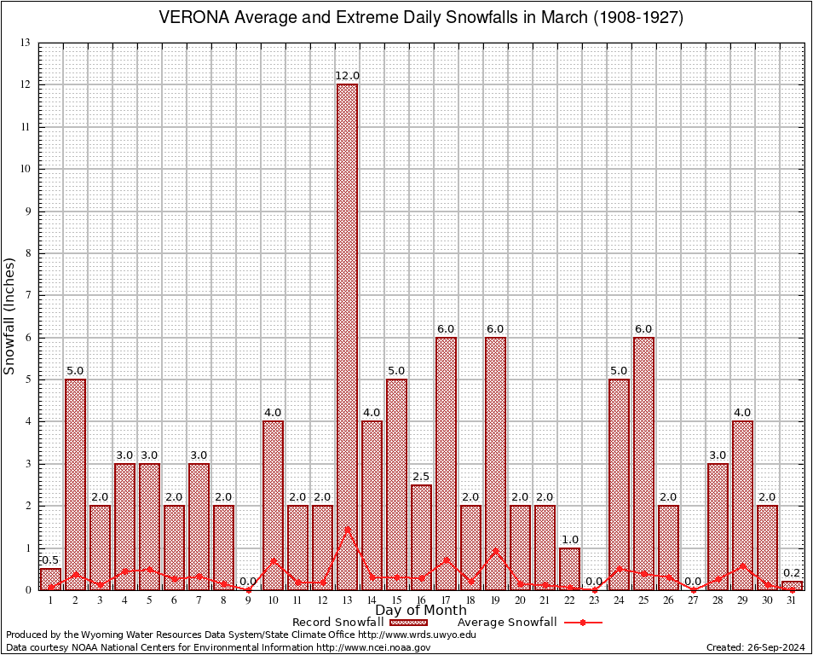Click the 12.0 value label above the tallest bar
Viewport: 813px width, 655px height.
coord(347,76)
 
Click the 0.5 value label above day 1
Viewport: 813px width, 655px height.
coord(50,559)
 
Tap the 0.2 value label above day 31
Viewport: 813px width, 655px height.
coord(792,573)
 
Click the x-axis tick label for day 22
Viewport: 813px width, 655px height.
coord(569,600)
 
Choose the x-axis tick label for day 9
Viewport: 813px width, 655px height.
coord(248,600)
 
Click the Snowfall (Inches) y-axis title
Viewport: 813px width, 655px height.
coord(10,316)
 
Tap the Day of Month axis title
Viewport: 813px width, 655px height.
coord(420,611)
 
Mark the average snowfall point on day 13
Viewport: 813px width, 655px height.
coord(347,528)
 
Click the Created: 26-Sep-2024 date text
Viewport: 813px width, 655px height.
coord(755,647)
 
